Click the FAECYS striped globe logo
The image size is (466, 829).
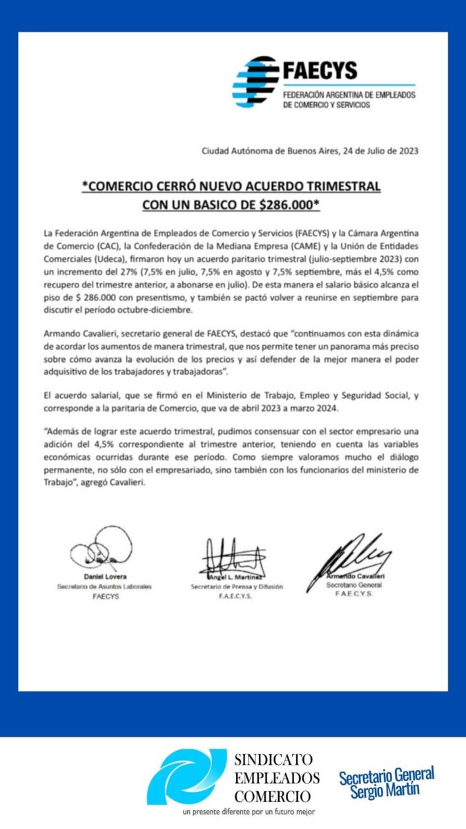pyautogui.click(x=256, y=82)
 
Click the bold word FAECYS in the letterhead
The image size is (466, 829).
pyautogui.click(x=320, y=70)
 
